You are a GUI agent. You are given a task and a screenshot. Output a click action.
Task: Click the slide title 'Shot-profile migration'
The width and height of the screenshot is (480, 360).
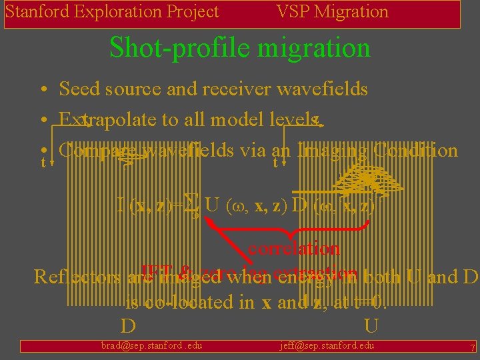(239, 48)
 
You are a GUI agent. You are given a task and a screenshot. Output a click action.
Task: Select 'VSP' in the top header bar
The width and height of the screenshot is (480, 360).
(291, 12)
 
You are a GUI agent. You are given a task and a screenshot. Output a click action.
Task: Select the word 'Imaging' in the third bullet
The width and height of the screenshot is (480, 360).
(333, 150)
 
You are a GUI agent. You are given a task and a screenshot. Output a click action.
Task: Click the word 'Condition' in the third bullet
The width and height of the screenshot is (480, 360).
(416, 150)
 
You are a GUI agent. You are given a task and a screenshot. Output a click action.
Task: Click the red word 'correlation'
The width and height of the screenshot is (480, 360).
(294, 249)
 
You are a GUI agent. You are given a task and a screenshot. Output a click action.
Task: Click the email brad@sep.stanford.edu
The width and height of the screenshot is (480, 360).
(151, 345)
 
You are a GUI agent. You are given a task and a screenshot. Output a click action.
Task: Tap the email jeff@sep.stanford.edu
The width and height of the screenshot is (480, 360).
(327, 345)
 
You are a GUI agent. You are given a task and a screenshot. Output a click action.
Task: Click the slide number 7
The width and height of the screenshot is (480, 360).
(472, 348)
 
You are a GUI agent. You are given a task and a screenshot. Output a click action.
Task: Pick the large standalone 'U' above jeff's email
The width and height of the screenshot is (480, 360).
(372, 327)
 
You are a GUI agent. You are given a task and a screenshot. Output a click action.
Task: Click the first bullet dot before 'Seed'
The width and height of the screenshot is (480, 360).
(42, 90)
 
